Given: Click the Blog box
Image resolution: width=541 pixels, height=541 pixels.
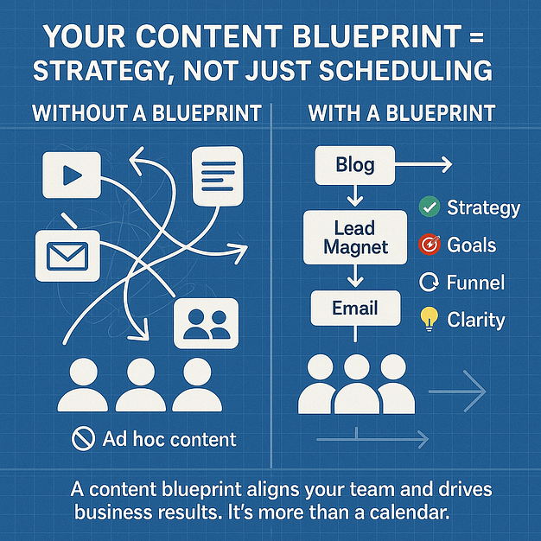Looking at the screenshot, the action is coord(354,165).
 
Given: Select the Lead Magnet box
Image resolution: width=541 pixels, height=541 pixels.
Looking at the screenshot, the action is coord(355,238).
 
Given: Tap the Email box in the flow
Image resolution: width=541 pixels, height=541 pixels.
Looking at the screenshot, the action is coord(355,308).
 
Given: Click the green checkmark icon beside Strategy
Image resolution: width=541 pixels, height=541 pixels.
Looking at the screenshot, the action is coord(430,207).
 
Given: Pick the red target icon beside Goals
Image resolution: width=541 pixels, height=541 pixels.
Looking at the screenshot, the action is coord(430,245).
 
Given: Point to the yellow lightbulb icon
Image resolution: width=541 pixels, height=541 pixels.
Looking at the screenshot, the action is coord(430,319).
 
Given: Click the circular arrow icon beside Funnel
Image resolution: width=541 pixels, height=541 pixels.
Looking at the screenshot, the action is coord(429,282).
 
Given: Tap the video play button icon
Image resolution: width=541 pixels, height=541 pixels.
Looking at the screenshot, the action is coord(72,175).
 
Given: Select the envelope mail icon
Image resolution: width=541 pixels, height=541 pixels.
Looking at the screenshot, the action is coord(67,256).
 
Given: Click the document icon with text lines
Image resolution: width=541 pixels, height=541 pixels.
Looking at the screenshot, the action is coord(218,176).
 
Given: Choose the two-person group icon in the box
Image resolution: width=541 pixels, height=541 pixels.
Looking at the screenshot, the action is coord(207,323).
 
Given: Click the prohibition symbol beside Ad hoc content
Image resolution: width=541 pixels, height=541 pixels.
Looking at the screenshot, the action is coord(83,439).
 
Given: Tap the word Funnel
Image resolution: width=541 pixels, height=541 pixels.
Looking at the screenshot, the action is coord(475,283).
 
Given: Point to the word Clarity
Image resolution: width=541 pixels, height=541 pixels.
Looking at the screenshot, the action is coord(476,320).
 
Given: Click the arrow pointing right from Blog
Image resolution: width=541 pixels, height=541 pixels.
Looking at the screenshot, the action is coord(423,164).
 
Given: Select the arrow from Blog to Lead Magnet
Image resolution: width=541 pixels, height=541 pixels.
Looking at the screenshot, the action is coord(355,195).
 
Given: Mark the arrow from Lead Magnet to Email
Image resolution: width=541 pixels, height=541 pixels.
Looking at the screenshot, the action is coord(355,276).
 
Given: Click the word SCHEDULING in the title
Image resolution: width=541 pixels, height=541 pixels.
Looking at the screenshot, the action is coord(406,70).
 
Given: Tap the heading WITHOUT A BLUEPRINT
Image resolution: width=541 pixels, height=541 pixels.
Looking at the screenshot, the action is coord(147,113).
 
